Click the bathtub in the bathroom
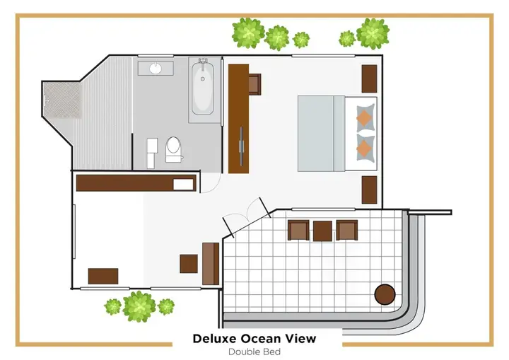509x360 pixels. pyautogui.click(x=203, y=88)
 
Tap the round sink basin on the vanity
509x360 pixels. pyautogui.click(x=156, y=68)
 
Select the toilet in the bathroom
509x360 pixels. pyautogui.click(x=173, y=149)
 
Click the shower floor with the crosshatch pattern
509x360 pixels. pyautogui.click(x=62, y=100)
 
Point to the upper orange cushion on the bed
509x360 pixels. pyautogui.click(x=364, y=117)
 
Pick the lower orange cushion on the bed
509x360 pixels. pyautogui.click(x=364, y=148)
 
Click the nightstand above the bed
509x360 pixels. pyautogui.click(x=370, y=79)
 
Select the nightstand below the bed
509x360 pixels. pyautogui.click(x=370, y=190)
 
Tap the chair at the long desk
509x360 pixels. pyautogui.click(x=255, y=84)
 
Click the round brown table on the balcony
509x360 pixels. pyautogui.click(x=385, y=294)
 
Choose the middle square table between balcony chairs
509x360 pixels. pyautogui.click(x=322, y=231)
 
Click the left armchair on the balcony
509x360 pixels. pyautogui.click(x=298, y=231)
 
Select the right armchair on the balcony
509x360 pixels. pyautogui.click(x=346, y=231)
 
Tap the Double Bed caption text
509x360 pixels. pyautogui.click(x=255, y=352)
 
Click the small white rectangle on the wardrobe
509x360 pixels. pyautogui.click(x=183, y=184)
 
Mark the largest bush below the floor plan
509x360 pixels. pyautogui.click(x=139, y=306)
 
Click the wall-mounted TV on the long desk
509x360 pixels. pyautogui.click(x=241, y=146)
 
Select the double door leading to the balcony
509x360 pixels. pyautogui.click(x=247, y=217)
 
